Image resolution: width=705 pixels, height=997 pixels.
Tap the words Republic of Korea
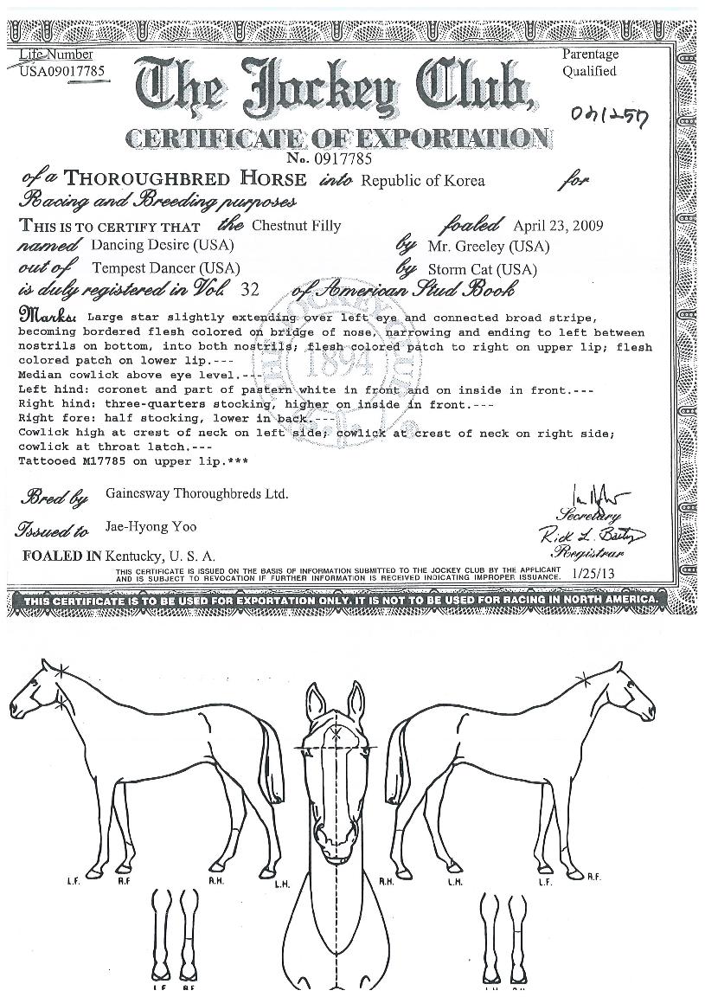pyautogui.click(x=422, y=181)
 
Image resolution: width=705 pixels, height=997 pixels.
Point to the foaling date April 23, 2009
pyautogui.click(x=558, y=226)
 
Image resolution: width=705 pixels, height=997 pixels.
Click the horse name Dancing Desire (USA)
pyautogui.click(x=162, y=246)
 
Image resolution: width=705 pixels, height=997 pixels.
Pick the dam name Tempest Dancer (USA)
pyautogui.click(x=165, y=268)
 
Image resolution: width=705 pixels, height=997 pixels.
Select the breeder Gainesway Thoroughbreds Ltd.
pyautogui.click(x=196, y=494)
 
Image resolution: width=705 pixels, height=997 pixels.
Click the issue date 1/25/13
pyautogui.click(x=593, y=572)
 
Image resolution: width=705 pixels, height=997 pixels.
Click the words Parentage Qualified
pyautogui.click(x=590, y=63)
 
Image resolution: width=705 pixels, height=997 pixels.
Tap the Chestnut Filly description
pyautogui.click(x=296, y=226)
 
